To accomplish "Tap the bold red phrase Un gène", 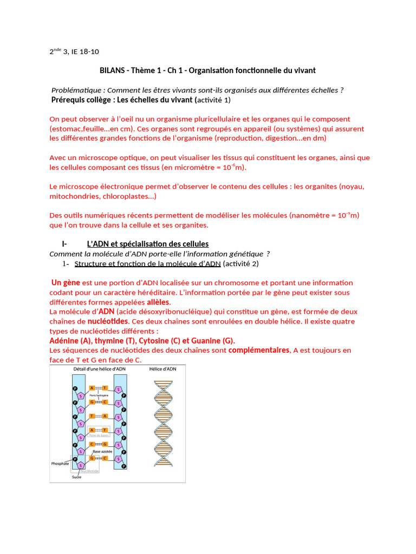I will (66, 282).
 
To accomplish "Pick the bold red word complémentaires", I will (259, 350).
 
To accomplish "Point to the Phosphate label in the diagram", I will (60, 464).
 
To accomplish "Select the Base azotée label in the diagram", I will (103, 451).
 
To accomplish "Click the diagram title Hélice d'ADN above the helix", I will (162, 369).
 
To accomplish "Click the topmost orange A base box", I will (93, 388).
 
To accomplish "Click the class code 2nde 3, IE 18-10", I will (75, 52).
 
